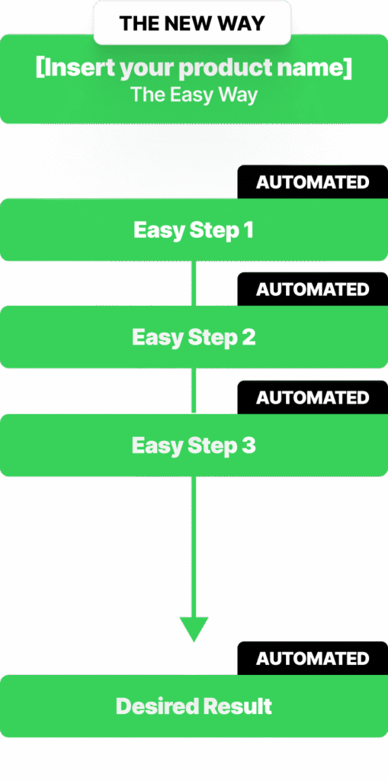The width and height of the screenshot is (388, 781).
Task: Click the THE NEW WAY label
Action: (192, 23)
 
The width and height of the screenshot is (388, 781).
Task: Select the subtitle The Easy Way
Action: (194, 95)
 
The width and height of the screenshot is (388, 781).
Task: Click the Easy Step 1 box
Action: (194, 230)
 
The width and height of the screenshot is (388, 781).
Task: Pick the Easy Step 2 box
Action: (194, 337)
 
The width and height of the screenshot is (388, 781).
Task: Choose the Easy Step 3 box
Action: (194, 445)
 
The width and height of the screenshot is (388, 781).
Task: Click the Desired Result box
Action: (194, 705)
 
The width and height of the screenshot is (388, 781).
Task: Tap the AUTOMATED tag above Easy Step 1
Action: (313, 182)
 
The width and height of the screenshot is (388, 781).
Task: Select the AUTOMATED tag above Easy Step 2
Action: (313, 289)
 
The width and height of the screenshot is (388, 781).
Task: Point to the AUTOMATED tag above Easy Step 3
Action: (313, 397)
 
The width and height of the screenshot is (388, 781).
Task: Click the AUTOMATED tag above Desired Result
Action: (313, 658)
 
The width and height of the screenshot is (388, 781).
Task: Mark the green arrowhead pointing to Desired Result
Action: (194, 629)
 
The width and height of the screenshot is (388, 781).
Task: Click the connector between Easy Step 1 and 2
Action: (194, 284)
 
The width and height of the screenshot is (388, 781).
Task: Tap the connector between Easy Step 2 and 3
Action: (194, 391)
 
